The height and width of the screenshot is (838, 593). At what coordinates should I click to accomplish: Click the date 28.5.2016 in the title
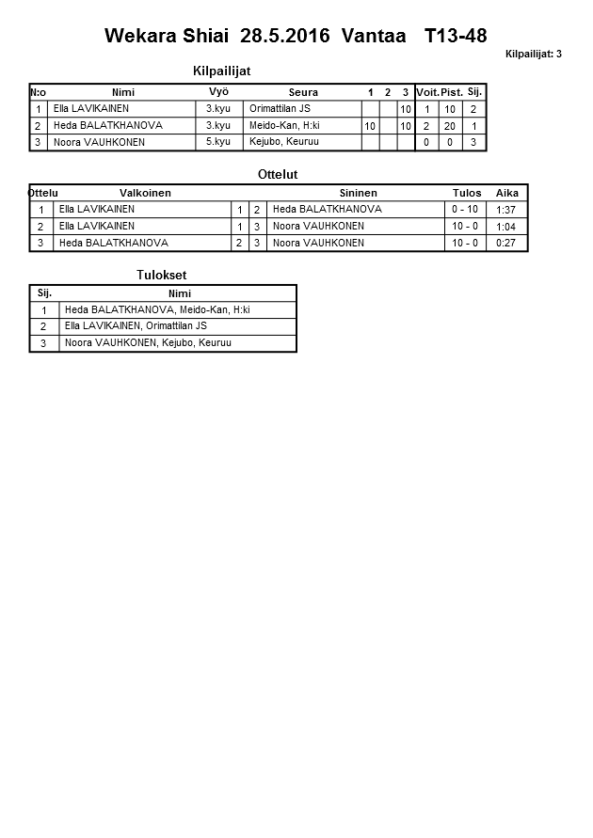(x=285, y=36)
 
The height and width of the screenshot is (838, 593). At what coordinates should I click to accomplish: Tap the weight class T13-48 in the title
(x=456, y=36)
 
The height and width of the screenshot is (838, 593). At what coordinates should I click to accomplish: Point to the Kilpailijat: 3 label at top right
(x=533, y=54)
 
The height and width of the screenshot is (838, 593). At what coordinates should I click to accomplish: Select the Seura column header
(x=303, y=92)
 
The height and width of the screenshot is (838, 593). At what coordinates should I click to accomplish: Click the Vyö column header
(x=218, y=91)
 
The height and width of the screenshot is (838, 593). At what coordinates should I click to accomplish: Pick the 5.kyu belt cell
(x=218, y=141)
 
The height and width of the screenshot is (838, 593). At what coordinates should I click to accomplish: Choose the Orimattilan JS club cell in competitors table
(x=280, y=108)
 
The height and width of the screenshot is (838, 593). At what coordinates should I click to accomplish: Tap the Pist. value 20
(x=450, y=125)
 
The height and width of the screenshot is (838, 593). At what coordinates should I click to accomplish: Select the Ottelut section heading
(x=278, y=174)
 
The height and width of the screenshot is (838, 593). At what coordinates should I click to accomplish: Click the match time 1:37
(x=505, y=210)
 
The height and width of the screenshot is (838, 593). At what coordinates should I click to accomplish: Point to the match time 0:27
(x=505, y=243)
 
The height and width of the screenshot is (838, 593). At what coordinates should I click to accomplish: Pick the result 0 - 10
(x=465, y=209)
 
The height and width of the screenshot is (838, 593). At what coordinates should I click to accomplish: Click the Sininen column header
(x=358, y=193)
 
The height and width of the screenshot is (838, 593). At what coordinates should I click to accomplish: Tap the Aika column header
(x=506, y=193)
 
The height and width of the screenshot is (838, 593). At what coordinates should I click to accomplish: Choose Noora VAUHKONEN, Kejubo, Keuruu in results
(x=148, y=343)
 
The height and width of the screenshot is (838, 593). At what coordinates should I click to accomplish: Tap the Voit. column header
(x=427, y=92)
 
